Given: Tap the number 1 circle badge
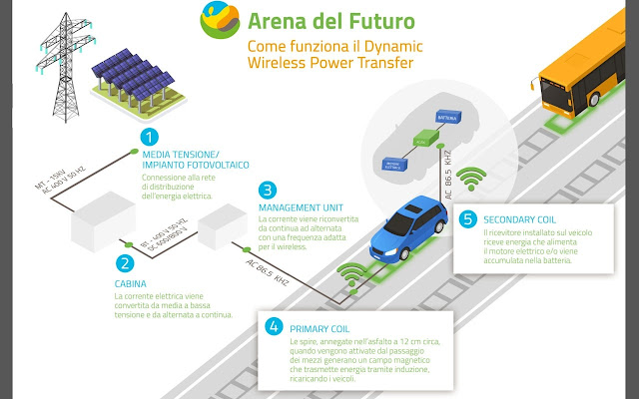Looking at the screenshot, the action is (149, 137).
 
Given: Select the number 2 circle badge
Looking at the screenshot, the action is (124, 263).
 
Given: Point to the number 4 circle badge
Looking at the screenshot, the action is (275, 324).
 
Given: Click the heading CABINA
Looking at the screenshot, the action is (130, 284).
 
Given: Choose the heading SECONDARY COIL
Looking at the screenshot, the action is (521, 219).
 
